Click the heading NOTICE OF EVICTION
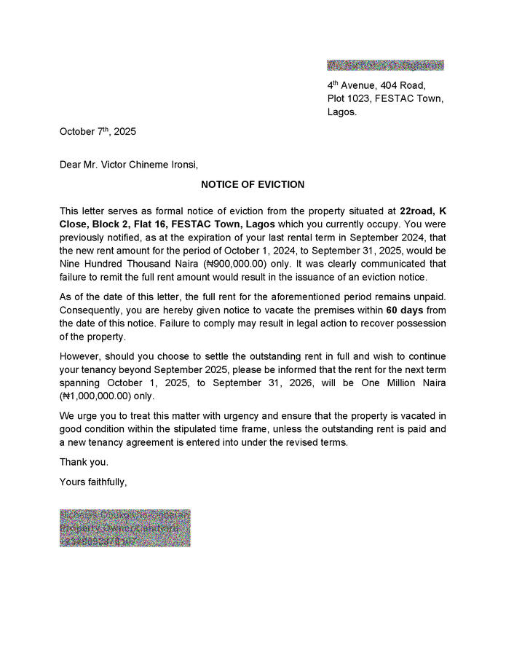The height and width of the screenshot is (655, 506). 253,185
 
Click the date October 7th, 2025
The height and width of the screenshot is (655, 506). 98,132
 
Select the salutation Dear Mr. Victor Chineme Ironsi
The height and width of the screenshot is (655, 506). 128,165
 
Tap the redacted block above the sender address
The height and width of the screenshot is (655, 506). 385,66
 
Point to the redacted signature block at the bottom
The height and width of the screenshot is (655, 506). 124,528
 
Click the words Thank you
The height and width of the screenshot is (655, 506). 84,462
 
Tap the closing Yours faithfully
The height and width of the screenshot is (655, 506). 93,482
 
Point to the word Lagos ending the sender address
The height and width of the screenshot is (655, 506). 341,112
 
